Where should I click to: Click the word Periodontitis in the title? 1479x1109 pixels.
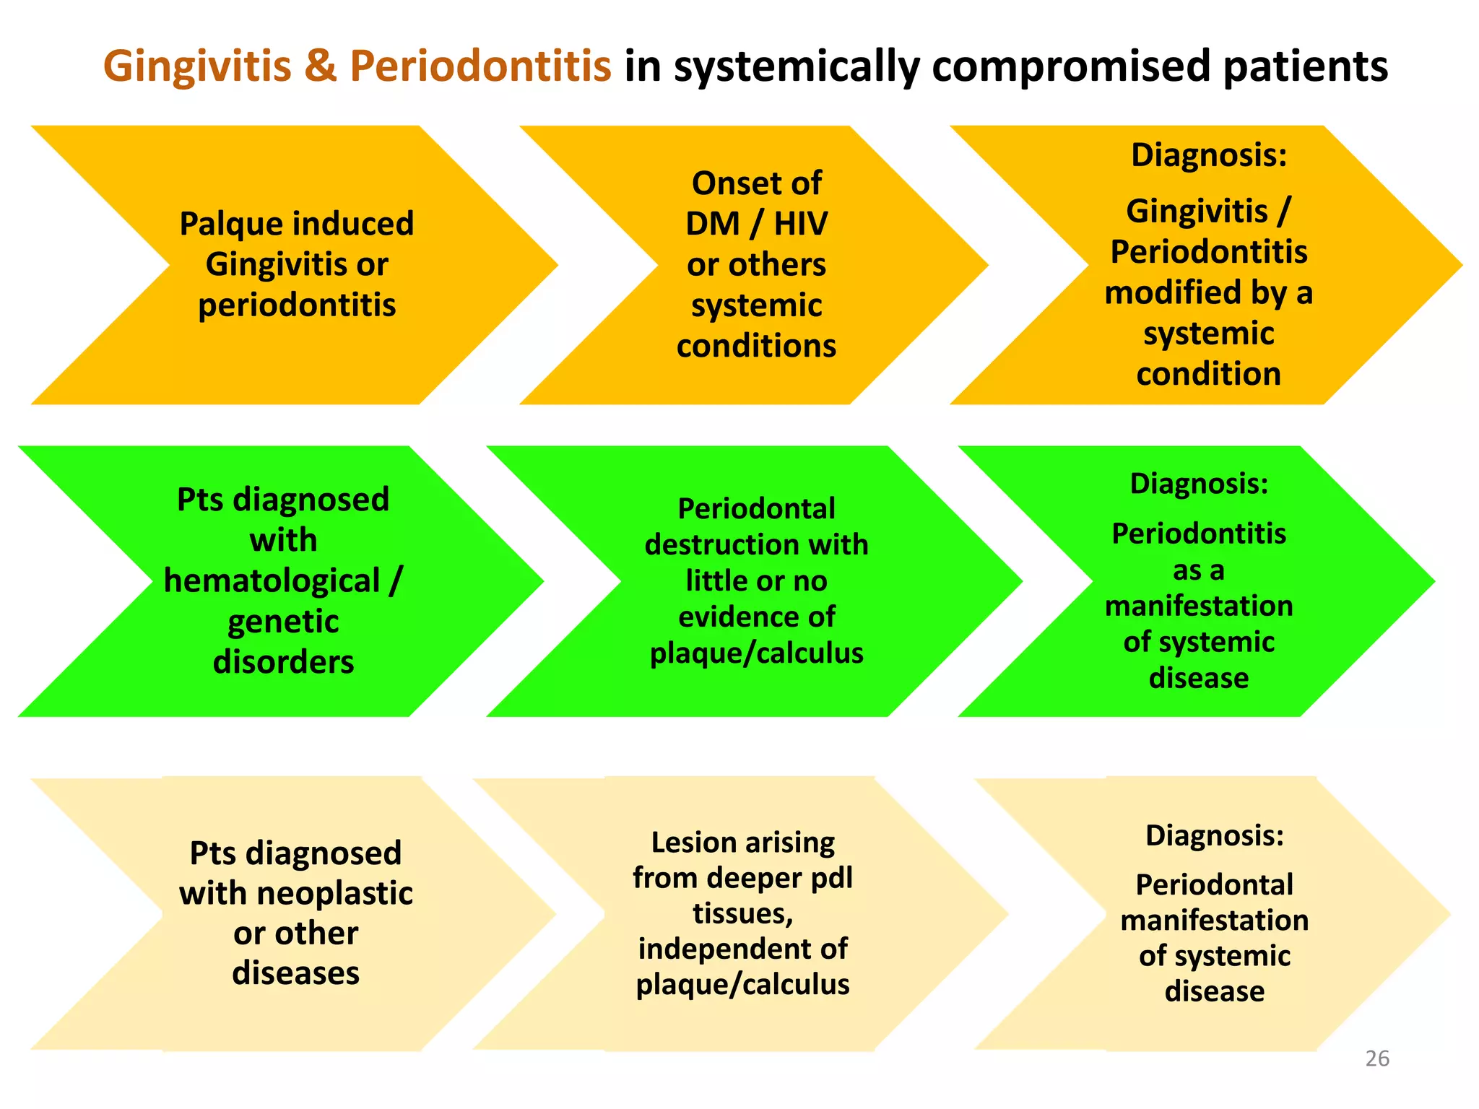tap(480, 66)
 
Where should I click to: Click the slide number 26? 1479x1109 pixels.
tap(1377, 1058)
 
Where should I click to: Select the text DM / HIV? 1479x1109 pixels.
tap(756, 224)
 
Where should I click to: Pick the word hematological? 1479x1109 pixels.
tap(272, 581)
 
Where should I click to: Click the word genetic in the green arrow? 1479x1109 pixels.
tap(283, 622)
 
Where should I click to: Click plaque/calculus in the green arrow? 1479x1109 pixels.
tap(756, 653)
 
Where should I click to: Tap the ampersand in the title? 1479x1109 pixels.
tap(320, 66)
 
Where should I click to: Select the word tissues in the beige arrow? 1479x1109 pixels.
tap(742, 913)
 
